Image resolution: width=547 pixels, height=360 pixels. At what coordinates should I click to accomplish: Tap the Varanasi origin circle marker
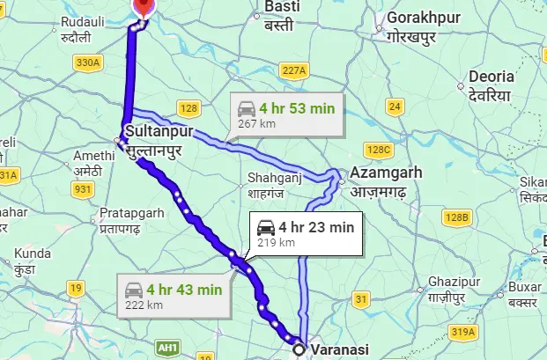coord(299,349)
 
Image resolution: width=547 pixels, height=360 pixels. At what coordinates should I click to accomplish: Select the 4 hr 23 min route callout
coord(306,233)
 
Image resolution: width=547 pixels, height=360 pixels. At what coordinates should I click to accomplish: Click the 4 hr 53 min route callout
coord(287,115)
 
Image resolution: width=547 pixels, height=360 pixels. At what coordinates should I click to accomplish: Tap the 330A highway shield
coord(88,62)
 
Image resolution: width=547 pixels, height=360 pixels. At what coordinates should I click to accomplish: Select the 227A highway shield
coord(293,70)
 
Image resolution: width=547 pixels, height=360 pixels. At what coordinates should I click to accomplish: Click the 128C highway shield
coord(380,150)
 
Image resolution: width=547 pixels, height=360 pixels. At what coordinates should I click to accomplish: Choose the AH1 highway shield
coord(167,347)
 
